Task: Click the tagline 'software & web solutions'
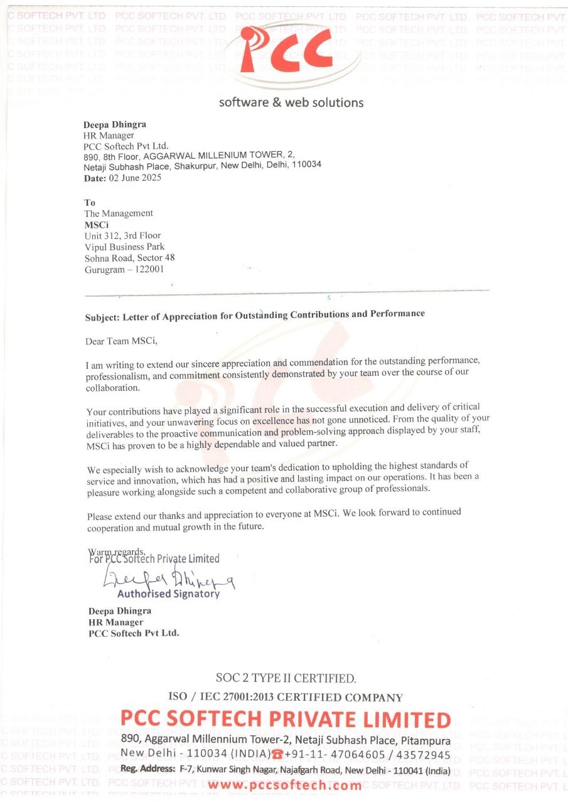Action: [x=291, y=102]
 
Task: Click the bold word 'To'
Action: [x=90, y=203]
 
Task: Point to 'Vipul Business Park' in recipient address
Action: [x=124, y=247]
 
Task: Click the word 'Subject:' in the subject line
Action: [x=102, y=317]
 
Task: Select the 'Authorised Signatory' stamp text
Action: [x=168, y=593]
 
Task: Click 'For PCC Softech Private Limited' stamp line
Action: [x=154, y=558]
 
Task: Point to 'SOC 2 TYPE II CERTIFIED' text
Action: [x=286, y=678]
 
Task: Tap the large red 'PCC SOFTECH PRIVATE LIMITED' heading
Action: [x=286, y=719]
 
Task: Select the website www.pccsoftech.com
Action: [x=285, y=785]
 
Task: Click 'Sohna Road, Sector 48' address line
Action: [x=129, y=258]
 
